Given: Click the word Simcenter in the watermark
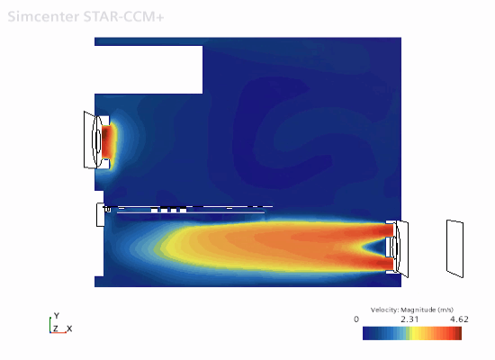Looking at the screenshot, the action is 44,17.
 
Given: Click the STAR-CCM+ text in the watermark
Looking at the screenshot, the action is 124,17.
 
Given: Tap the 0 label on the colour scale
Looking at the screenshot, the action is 356,319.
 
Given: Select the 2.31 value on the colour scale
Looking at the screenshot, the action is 409,319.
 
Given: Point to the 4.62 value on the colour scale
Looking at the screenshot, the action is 459,319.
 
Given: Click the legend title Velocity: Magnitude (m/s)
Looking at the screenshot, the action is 412,310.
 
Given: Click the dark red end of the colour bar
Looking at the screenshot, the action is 458,333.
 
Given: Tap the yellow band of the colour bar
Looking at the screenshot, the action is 414,333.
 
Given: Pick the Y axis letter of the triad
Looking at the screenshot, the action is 57,316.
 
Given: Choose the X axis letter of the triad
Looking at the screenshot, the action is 69,328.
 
